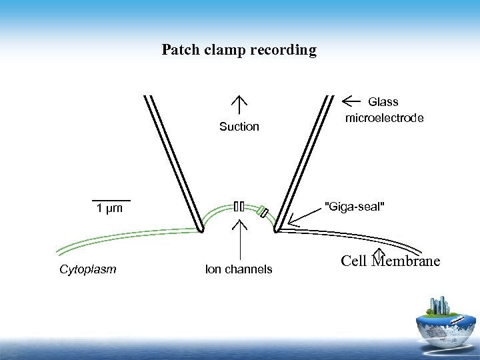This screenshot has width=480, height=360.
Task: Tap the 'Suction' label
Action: coord(239,127)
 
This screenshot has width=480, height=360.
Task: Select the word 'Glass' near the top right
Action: coord(383,102)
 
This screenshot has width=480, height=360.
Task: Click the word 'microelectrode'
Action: coord(384,118)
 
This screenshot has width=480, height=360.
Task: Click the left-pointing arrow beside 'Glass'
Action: coord(351,101)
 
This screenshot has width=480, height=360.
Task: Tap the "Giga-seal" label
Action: coord(354,205)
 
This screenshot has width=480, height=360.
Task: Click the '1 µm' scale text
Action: coord(110,209)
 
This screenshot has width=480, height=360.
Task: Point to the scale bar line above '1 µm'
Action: coord(111,199)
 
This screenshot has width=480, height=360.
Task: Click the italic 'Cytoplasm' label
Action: coord(88,269)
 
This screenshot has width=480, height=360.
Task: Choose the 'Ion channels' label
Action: coord(239,269)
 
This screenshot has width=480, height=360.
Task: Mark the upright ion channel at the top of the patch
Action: coord(239,205)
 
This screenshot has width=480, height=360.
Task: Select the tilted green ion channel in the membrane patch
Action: coord(263,213)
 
